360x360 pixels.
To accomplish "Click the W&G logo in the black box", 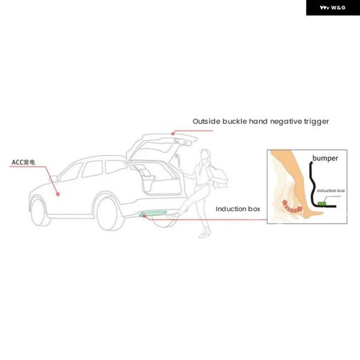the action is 332,8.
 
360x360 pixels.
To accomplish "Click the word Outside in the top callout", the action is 206,121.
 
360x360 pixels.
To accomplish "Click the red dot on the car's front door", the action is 58,194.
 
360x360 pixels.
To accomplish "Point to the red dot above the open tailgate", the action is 173,133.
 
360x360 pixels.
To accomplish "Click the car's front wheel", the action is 39,212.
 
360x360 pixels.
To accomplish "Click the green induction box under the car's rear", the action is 152,213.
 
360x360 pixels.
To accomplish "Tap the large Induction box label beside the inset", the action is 238,209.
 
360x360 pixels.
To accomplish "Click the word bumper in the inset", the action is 325,158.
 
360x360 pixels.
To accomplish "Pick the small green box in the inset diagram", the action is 322,203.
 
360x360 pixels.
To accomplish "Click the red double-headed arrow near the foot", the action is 292,206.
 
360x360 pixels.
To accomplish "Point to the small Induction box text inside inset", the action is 331,191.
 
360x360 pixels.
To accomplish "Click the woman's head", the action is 205,155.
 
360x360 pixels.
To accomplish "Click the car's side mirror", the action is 54,179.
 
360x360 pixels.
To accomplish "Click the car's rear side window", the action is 115,167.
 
